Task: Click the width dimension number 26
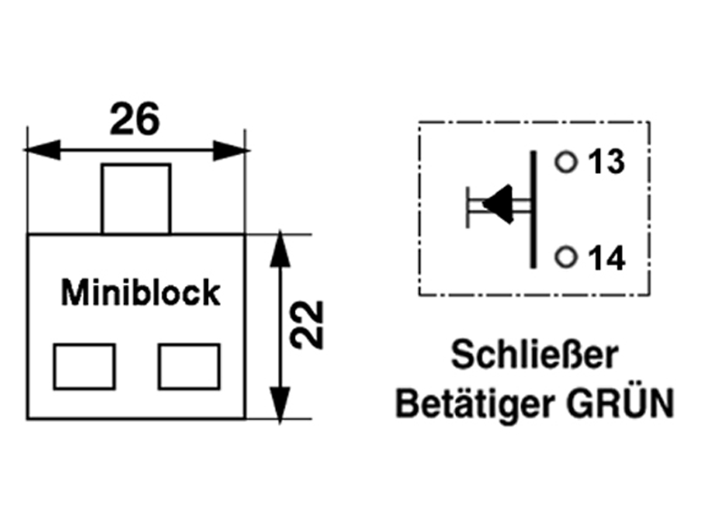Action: (x=134, y=118)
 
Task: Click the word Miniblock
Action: (x=140, y=292)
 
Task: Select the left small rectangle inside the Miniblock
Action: (x=84, y=366)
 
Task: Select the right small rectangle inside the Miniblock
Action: (x=189, y=366)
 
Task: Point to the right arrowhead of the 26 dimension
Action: (x=230, y=149)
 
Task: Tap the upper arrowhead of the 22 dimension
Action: (x=281, y=249)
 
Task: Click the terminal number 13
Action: (x=606, y=163)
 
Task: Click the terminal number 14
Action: (x=606, y=259)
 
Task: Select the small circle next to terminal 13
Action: (x=567, y=162)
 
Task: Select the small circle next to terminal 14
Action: (x=567, y=257)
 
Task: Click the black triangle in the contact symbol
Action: (x=499, y=203)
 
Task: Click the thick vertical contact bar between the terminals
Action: (x=534, y=208)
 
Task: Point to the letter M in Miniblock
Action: (x=71, y=292)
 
